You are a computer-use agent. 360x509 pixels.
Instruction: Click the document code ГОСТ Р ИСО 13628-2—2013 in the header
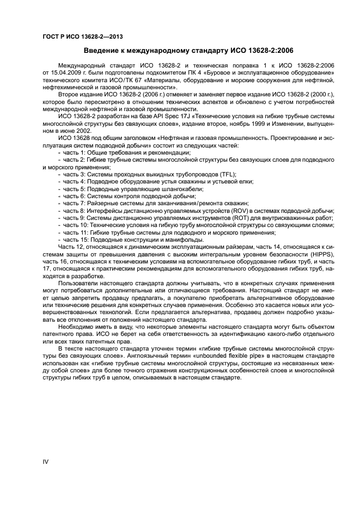pyautogui.click(x=82, y=36)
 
